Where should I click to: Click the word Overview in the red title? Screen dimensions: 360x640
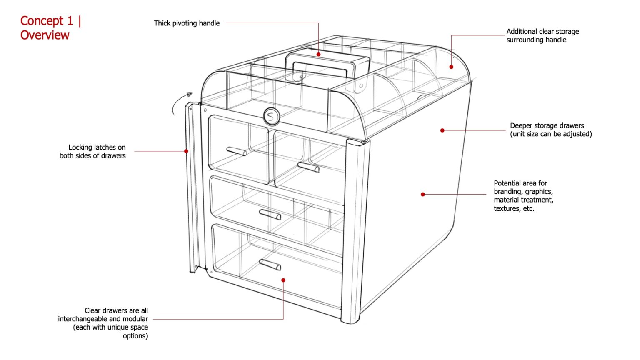45,35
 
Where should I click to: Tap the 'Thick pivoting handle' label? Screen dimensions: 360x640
187,23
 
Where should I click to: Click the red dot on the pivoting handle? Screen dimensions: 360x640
318,54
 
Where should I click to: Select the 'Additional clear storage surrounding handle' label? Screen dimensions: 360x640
542,36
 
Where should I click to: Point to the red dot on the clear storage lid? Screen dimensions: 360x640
451,67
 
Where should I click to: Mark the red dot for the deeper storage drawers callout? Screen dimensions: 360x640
442,130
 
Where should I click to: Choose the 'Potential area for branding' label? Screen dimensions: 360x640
523,195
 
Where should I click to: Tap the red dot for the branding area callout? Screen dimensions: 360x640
423,194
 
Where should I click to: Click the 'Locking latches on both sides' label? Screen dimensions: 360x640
92,151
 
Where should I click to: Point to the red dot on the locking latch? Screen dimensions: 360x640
186,151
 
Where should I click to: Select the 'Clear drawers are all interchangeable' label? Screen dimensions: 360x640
103,323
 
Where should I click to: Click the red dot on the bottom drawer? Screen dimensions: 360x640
283,280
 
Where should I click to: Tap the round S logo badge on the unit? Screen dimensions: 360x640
271,116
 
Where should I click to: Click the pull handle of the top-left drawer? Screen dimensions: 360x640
236,151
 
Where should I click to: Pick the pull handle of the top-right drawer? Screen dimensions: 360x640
308,167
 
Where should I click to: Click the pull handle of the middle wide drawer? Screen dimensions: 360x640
270,215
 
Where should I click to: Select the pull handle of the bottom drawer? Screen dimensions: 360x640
270,265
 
